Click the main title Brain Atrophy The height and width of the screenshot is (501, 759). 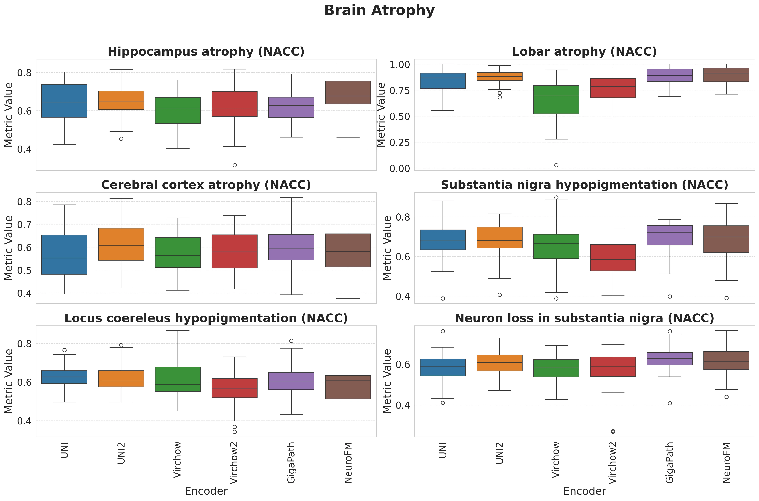click(x=379, y=11)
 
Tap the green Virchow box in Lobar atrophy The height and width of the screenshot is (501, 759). click(x=556, y=100)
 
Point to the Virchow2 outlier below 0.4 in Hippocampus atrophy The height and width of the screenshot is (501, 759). click(x=235, y=165)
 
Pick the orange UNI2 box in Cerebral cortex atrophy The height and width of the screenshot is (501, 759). click(x=121, y=244)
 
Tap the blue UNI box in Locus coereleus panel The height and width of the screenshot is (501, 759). click(x=64, y=377)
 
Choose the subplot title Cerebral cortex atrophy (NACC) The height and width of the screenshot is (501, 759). click(x=206, y=185)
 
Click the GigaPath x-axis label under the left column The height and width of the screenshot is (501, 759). click(x=291, y=462)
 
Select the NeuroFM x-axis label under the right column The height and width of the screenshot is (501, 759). click(x=726, y=462)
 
